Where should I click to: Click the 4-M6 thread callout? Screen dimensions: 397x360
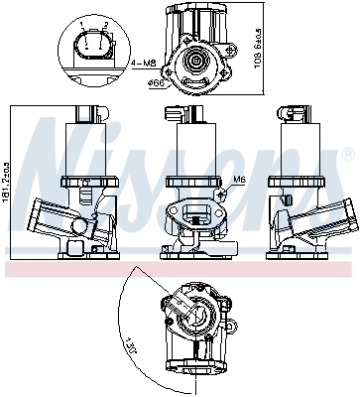pyautogui.click(x=142, y=63)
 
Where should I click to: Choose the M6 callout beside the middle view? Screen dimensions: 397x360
pyautogui.click(x=238, y=180)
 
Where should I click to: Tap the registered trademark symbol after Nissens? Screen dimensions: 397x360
pyautogui.click(x=348, y=154)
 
